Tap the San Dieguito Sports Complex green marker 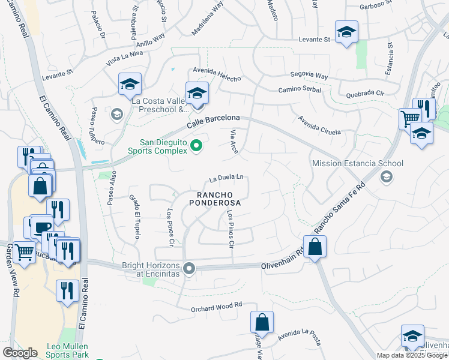pos(196,146)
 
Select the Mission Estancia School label pos(357,163)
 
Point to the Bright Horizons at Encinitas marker pos(190,268)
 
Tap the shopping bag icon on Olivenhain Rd pos(315,246)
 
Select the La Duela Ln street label pos(226,178)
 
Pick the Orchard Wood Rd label pos(216,307)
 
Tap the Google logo pos(20,353)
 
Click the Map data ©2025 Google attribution pos(411,355)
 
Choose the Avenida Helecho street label pos(217,76)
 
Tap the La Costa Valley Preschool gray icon pos(116,113)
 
